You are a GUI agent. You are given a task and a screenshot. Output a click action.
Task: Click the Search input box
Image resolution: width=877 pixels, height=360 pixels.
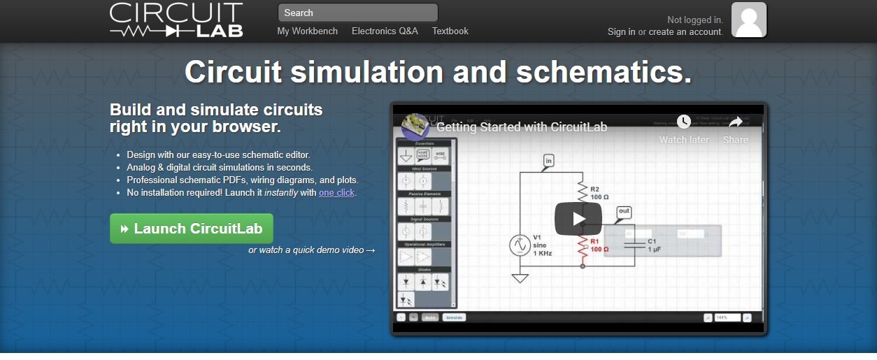pyautogui.click(x=357, y=13)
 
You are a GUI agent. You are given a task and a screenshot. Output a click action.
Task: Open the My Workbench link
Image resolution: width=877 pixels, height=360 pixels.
pyautogui.click(x=307, y=31)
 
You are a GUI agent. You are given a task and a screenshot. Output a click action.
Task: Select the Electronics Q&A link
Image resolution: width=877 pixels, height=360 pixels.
pyautogui.click(x=385, y=31)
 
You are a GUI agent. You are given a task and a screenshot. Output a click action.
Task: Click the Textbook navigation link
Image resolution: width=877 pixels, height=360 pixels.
pyautogui.click(x=450, y=31)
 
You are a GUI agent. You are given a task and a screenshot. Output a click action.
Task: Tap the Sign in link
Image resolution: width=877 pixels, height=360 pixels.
pyautogui.click(x=621, y=31)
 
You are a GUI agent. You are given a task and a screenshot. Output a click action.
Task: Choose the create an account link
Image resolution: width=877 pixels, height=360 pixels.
pyautogui.click(x=685, y=31)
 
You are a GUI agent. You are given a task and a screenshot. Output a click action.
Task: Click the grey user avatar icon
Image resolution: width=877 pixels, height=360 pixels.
pyautogui.click(x=749, y=20)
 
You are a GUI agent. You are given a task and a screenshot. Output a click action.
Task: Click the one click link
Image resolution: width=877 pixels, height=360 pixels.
pyautogui.click(x=336, y=192)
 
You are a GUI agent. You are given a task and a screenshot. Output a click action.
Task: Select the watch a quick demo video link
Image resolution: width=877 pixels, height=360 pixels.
pyautogui.click(x=312, y=250)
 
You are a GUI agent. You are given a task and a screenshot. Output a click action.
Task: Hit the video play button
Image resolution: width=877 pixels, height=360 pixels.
pyautogui.click(x=578, y=219)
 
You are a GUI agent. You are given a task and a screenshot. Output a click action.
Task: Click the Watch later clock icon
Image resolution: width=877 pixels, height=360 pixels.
pyautogui.click(x=683, y=122)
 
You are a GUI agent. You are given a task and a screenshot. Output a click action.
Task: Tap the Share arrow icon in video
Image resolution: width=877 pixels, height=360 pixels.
pyautogui.click(x=735, y=122)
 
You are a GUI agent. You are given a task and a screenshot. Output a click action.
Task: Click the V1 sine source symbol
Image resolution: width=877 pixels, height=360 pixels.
pyautogui.click(x=520, y=245)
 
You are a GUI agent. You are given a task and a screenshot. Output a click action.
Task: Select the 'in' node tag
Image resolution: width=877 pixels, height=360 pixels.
pyautogui.click(x=548, y=161)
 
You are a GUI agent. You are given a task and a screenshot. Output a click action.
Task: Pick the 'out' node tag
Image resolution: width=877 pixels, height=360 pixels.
pyautogui.click(x=624, y=211)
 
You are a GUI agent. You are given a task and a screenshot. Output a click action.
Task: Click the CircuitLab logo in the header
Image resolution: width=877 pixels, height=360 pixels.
pyautogui.click(x=176, y=20)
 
